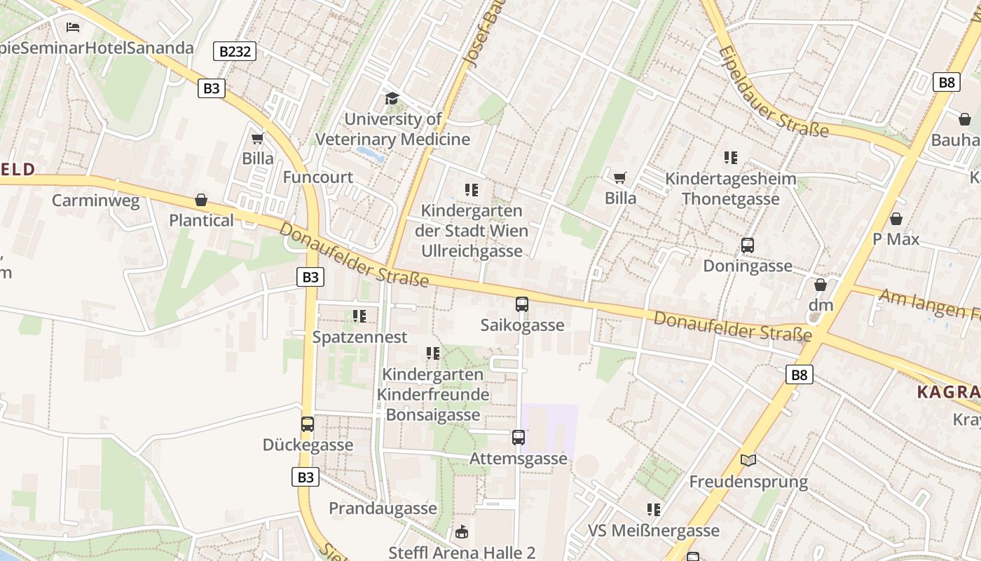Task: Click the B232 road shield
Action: [x=235, y=51]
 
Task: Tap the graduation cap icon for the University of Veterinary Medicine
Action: [x=392, y=99]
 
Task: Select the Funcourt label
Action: [x=317, y=177]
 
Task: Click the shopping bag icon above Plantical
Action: [x=201, y=201]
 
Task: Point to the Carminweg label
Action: [x=96, y=201]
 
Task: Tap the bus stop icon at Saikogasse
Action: [x=522, y=304]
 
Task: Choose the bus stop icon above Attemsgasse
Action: [x=518, y=438]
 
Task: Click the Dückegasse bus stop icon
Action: [x=308, y=424]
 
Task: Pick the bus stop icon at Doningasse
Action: [x=748, y=245]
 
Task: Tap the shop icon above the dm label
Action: [x=821, y=285]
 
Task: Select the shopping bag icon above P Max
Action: [x=896, y=219]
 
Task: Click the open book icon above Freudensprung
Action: [x=748, y=461]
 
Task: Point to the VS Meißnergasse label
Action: [x=654, y=531]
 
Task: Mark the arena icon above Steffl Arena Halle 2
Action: [x=462, y=532]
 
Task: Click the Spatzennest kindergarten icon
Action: [x=359, y=316]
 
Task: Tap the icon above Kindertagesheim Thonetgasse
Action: [x=731, y=158]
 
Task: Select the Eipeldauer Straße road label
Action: [x=773, y=92]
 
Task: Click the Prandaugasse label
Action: [x=383, y=508]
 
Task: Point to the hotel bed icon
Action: [x=73, y=27]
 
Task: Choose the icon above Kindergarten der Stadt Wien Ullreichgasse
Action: [x=472, y=190]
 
